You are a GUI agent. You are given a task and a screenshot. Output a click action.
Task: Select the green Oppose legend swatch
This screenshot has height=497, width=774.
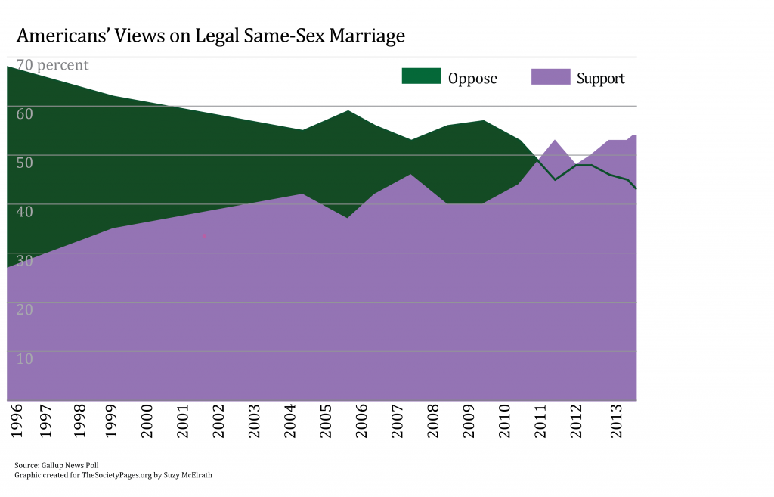coord(420,76)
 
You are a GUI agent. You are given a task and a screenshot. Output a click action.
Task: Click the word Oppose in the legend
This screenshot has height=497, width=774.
coord(472,78)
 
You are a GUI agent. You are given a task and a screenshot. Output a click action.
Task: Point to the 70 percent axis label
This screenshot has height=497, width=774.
coord(48,65)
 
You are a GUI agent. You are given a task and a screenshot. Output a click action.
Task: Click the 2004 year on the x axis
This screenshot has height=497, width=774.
coord(289,421)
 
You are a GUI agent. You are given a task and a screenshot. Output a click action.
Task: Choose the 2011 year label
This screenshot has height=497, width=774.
coord(540,421)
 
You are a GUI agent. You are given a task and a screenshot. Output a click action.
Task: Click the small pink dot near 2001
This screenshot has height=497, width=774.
coord(204,236)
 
